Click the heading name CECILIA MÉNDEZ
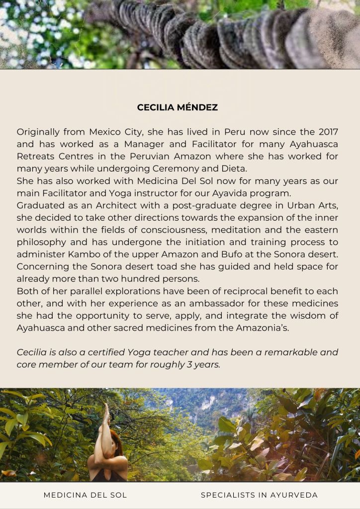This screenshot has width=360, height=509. [178, 107]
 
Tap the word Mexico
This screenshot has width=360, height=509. [106, 132]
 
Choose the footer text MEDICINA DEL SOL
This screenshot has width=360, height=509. [85, 495]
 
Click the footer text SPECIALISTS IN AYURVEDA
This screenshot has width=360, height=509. [259, 495]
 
